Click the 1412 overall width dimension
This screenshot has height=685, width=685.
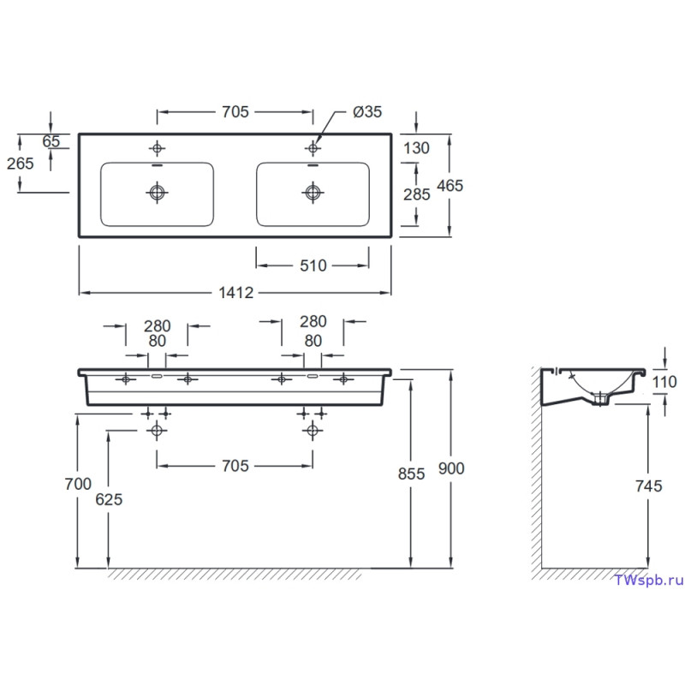[236, 292]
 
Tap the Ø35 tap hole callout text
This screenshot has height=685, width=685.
[367, 112]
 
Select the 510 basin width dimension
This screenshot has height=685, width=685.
[313, 265]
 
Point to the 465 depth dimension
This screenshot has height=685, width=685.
[450, 186]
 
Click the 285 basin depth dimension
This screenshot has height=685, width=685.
[417, 194]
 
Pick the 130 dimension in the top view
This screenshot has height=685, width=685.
[416, 148]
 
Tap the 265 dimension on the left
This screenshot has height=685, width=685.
[20, 164]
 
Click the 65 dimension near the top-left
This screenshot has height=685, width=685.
[51, 141]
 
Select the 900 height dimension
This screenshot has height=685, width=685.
[451, 468]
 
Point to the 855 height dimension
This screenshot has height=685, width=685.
[411, 474]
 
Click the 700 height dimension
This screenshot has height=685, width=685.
[78, 484]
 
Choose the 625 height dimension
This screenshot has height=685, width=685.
[109, 499]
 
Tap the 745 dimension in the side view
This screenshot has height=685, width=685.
[649, 485]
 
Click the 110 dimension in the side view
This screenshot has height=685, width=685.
[664, 382]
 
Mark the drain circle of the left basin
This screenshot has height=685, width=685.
[157, 192]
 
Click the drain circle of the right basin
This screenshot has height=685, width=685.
[313, 192]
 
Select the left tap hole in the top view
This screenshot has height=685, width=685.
[157, 148]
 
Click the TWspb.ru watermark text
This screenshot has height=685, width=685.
[649, 581]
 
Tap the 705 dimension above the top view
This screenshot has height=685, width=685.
[235, 112]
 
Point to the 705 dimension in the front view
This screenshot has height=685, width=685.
[235, 466]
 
